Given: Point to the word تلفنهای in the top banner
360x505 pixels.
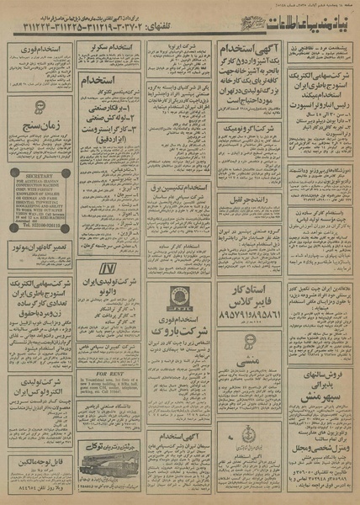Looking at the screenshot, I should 168,29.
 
